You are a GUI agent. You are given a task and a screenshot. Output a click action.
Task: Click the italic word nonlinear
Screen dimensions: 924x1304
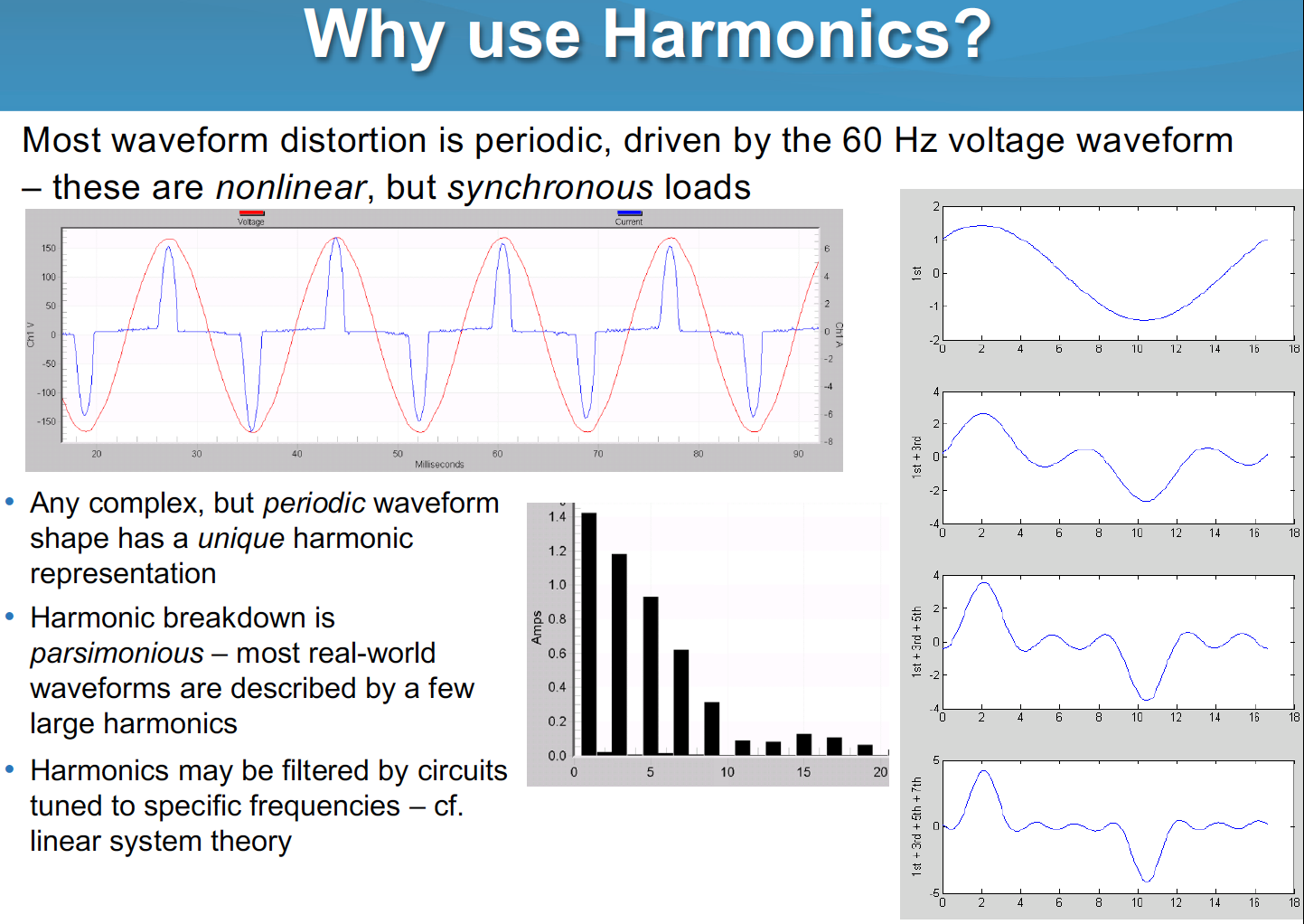click(290, 187)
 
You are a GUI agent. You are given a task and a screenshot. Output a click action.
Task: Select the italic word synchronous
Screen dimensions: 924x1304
click(549, 187)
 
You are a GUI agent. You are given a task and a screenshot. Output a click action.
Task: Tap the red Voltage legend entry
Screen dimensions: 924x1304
click(251, 218)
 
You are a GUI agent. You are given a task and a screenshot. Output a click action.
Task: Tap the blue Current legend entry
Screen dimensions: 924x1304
click(629, 218)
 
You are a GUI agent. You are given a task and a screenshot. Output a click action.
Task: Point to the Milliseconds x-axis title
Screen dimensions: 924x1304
click(439, 464)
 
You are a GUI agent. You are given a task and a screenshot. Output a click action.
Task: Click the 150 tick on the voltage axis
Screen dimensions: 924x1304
click(48, 248)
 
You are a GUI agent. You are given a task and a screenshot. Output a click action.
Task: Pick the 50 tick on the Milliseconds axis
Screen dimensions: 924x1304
click(398, 454)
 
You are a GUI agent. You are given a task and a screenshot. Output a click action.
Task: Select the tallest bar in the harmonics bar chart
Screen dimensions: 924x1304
click(588, 633)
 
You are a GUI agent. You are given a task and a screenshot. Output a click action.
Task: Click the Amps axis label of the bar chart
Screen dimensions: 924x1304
click(537, 627)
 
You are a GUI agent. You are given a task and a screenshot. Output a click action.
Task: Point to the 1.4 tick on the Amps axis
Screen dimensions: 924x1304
click(557, 517)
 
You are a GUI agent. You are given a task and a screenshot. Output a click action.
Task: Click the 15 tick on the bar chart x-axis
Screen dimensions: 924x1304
click(803, 772)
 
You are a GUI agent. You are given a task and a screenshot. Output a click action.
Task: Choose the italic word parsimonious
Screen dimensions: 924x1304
click(117, 653)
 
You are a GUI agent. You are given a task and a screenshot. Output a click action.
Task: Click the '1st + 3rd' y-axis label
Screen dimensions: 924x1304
click(916, 457)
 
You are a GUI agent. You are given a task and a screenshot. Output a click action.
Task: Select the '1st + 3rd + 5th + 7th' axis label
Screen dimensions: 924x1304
click(916, 825)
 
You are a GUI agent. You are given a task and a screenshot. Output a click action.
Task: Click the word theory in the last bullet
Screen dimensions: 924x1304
click(251, 841)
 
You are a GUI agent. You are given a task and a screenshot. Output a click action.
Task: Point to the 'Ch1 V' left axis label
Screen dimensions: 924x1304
click(31, 335)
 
